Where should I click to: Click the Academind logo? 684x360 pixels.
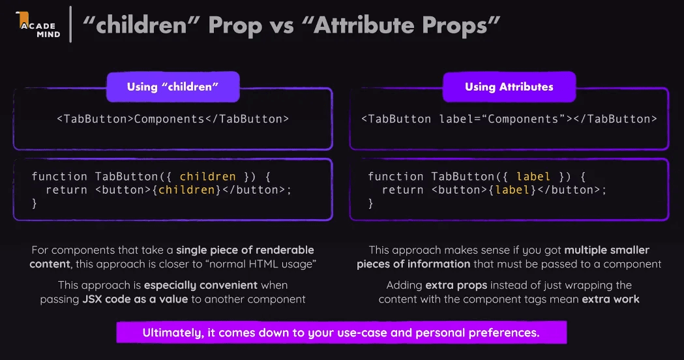pos(38,25)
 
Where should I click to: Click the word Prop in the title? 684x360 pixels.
pos(235,25)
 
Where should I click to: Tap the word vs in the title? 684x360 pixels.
pos(282,26)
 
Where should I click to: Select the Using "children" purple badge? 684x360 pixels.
pos(173,87)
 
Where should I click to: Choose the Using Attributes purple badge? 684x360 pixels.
pos(509,87)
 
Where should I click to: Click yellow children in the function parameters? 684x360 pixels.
pos(207,177)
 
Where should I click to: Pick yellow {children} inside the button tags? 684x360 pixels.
pos(186,190)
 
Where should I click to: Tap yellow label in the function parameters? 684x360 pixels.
pos(533,177)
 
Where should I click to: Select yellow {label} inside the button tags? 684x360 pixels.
pos(513,190)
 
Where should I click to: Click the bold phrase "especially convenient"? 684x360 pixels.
pos(201,286)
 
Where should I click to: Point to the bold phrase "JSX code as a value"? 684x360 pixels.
pos(135,299)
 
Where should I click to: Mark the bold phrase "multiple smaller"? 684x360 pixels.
pos(607,250)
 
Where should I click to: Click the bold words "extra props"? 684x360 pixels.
pos(456,286)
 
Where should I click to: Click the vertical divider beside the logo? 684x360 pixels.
pos(70,24)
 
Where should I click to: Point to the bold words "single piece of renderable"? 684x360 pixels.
pos(245,250)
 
